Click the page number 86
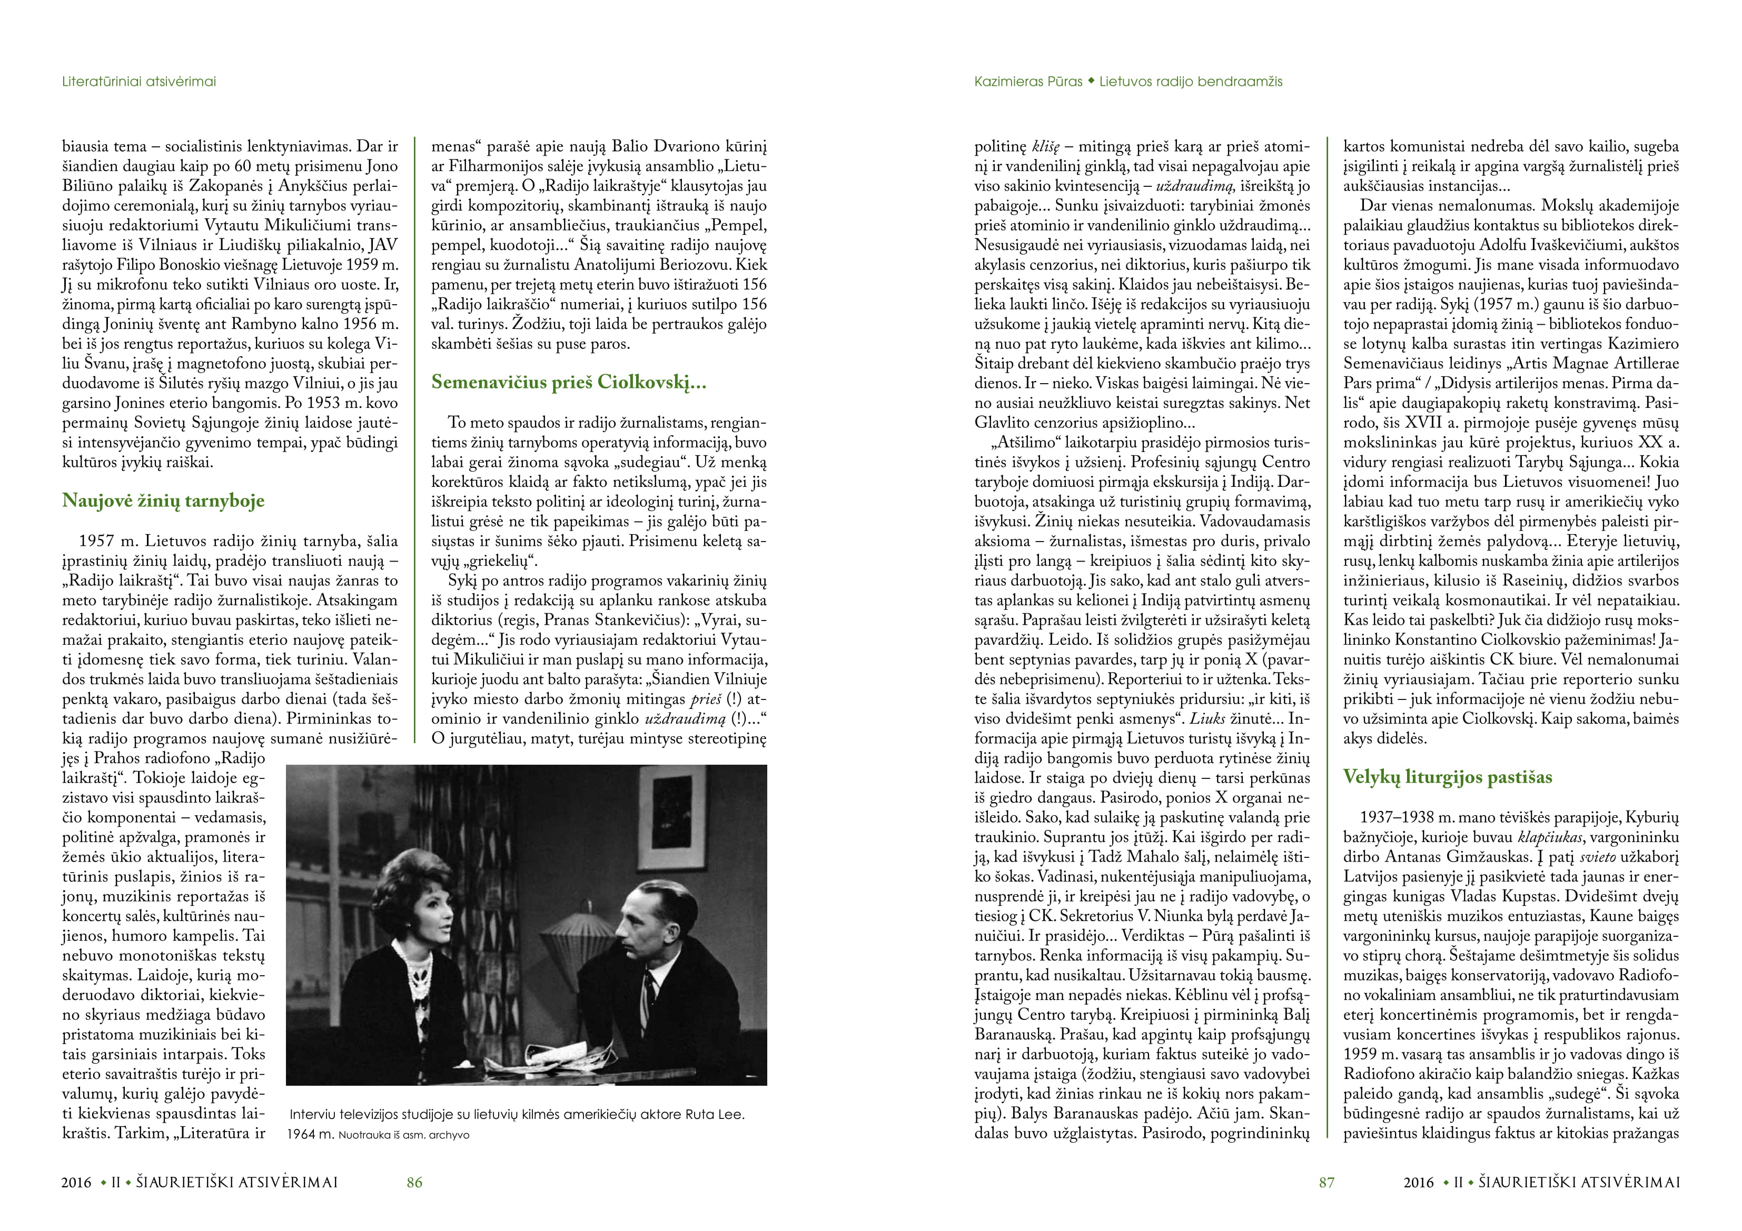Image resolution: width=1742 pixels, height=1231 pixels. click(x=414, y=1182)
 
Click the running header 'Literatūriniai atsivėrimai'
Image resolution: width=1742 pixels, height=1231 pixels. click(x=139, y=81)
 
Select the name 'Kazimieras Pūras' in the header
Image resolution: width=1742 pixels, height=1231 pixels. click(x=1028, y=81)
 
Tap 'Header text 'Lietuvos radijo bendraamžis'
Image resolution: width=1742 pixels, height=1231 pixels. click(x=1191, y=81)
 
